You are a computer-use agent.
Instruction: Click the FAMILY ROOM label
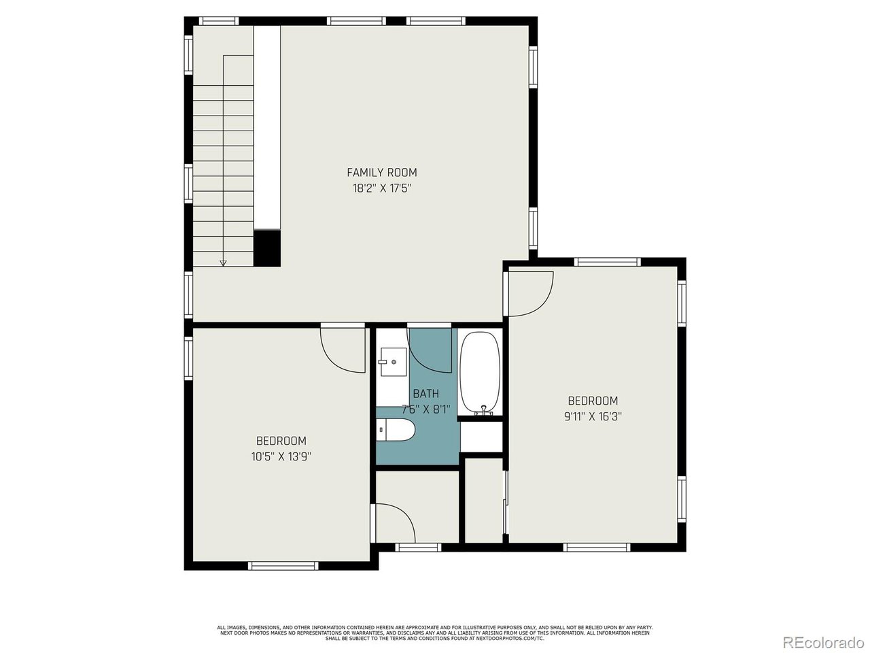tap(382, 173)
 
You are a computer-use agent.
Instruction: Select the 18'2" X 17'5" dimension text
tap(382, 188)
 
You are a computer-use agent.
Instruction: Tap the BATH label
tap(425, 394)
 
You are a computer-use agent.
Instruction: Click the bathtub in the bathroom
tap(480, 373)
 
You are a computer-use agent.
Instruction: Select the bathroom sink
tap(392, 363)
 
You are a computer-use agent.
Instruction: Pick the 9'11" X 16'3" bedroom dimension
tap(593, 417)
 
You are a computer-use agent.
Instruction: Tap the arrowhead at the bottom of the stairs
tap(223, 261)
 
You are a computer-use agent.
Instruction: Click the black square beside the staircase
tap(267, 248)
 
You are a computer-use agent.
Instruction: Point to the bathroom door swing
tap(430, 350)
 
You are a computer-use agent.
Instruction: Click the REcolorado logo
tap(822, 641)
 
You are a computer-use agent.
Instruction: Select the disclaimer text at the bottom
tap(435, 632)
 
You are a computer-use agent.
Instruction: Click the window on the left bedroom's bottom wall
tap(283, 565)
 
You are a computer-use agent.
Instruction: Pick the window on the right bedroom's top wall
tap(607, 262)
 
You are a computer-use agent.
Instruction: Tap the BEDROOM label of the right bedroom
tap(593, 401)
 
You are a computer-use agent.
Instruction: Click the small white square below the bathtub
tap(481, 437)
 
